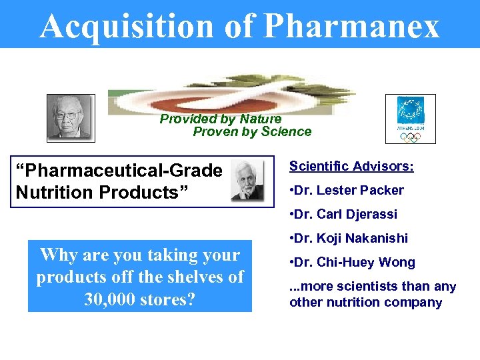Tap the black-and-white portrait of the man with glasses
[71, 118]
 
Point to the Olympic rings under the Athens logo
[411, 137]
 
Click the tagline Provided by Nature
[221, 119]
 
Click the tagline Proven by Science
[252, 131]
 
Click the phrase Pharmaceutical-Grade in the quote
[119, 171]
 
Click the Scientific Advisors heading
[351, 166]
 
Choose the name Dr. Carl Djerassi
[347, 214]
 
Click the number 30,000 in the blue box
[111, 299]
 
